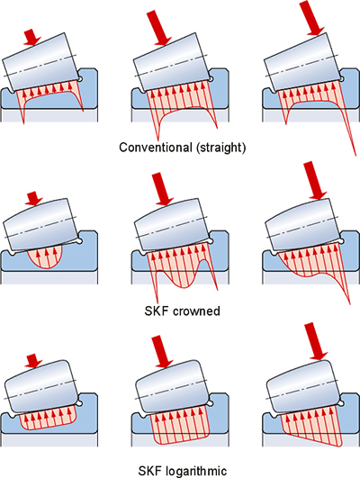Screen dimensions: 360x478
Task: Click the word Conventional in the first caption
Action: tap(154, 148)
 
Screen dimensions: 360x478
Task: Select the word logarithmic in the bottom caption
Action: tap(196, 471)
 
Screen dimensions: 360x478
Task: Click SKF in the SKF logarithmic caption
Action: tap(150, 471)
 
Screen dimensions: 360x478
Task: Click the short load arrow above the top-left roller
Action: tap(32, 37)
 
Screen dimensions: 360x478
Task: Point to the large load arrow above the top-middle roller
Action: tap(159, 28)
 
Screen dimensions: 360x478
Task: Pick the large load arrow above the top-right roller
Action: tap(312, 18)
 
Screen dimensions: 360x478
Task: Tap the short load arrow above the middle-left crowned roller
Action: tap(34, 198)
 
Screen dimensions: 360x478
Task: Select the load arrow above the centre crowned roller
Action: tap(162, 189)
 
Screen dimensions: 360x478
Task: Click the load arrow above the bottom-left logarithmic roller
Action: tap(33, 361)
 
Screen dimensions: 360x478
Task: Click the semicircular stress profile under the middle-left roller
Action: tap(45, 259)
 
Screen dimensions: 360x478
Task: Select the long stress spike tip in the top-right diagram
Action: tap(355, 156)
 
